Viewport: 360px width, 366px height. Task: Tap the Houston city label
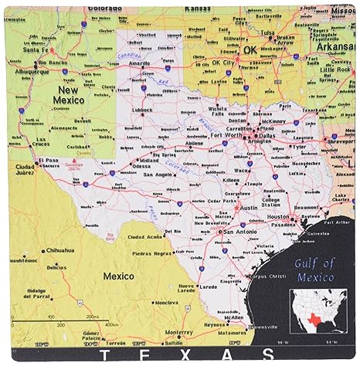pyautogui.click(x=277, y=219)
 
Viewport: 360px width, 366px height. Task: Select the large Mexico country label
pyautogui.click(x=118, y=276)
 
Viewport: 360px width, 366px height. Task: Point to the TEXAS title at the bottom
pyautogui.click(x=180, y=358)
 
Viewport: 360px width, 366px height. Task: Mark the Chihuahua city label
pyautogui.click(x=59, y=250)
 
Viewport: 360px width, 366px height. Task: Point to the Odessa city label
pyautogui.click(x=141, y=165)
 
